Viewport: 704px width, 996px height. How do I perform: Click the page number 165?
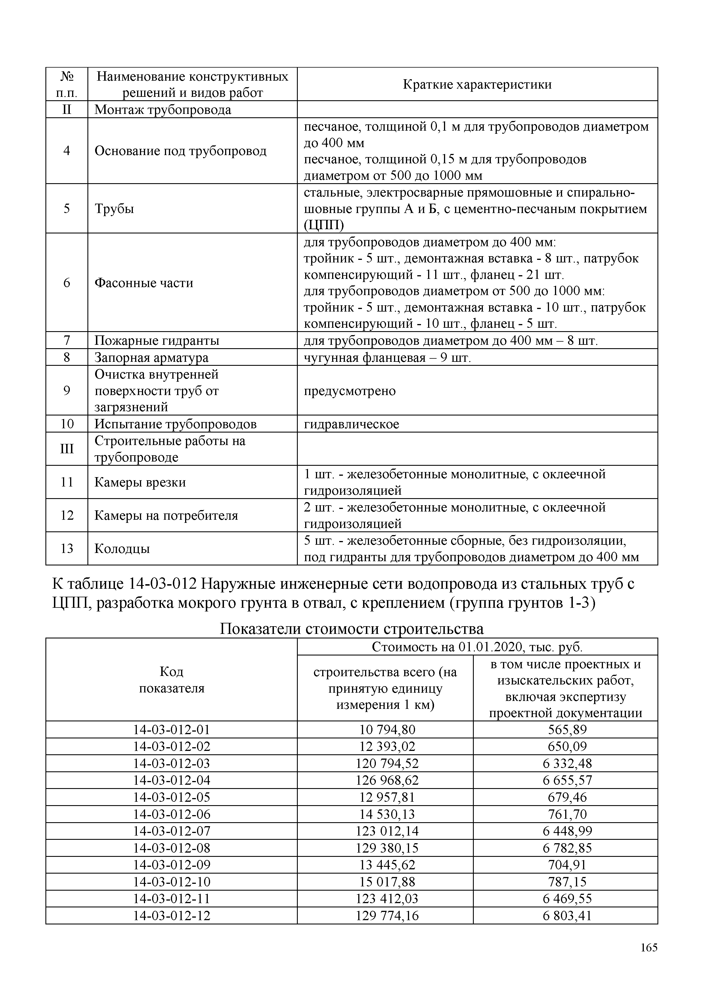point(649,947)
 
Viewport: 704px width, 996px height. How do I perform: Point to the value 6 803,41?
point(567,916)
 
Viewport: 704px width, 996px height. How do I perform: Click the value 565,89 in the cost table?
point(567,730)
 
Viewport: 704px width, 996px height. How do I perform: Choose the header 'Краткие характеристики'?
point(477,84)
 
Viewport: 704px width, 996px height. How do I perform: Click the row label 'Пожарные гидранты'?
point(157,341)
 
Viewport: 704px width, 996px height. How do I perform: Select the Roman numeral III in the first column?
point(67,448)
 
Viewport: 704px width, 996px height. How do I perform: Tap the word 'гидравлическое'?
point(351,424)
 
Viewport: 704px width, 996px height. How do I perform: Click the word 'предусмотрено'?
point(349,391)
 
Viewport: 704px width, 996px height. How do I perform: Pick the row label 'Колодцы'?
point(122,549)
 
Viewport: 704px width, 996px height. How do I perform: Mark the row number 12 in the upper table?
point(67,515)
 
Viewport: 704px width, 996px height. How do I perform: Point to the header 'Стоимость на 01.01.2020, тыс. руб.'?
point(477,647)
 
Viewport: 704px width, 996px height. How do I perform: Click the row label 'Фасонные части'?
point(144,283)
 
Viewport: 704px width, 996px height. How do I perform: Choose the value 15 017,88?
point(387,882)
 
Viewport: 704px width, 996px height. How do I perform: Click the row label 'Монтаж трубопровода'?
point(163,110)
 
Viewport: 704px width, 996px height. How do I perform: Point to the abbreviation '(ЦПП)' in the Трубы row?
point(324,225)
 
